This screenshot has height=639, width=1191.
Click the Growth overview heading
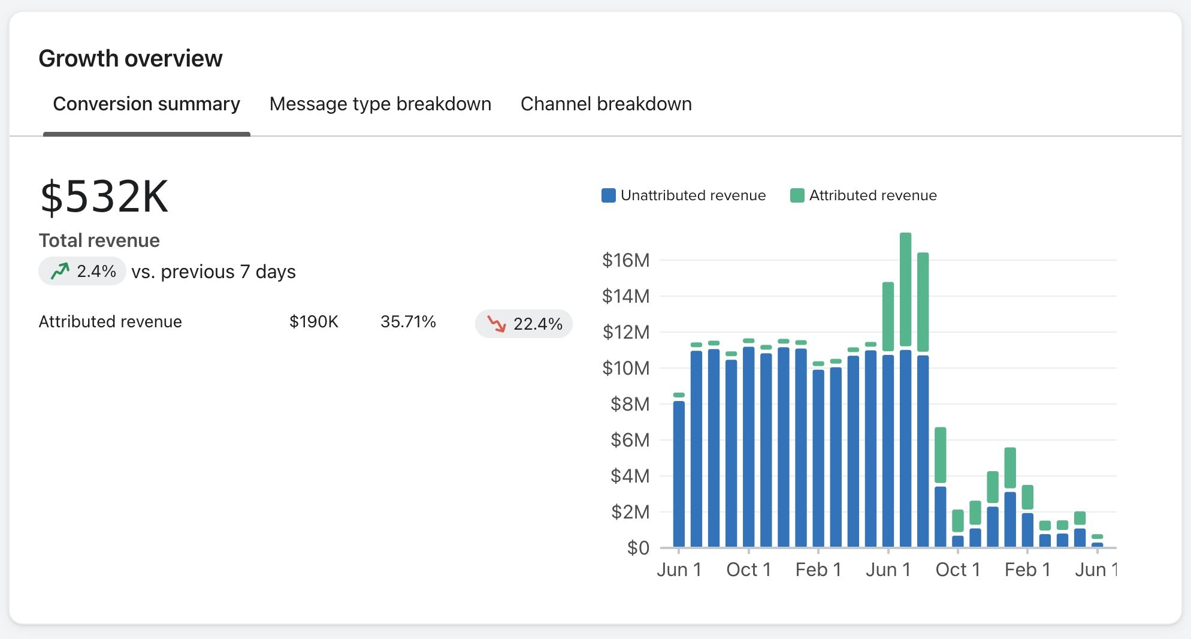coord(131,59)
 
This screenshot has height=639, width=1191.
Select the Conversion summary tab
coord(146,104)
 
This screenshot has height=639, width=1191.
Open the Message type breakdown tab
coord(380,104)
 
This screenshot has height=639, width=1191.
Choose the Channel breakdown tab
coord(606,104)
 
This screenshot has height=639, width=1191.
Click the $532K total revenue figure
coord(104,197)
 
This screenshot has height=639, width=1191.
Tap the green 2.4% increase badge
coord(83,272)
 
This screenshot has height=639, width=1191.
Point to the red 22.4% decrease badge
coord(524,324)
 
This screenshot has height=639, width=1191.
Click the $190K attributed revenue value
coord(313,322)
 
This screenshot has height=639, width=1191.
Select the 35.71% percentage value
coord(408,322)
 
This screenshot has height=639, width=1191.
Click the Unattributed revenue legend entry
coord(684,195)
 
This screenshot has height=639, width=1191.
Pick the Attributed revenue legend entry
coord(863,195)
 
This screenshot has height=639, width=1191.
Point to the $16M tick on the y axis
coord(625,260)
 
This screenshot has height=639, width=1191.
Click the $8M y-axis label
coord(630,404)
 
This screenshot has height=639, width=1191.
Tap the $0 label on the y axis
coord(638,547)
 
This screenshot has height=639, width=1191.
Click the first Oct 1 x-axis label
coord(748,569)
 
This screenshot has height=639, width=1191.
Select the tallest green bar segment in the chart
coord(905,291)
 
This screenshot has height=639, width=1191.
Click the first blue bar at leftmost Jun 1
coord(679,474)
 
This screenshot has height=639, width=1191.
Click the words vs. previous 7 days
coord(213,272)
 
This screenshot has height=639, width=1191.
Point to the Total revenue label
coord(99,240)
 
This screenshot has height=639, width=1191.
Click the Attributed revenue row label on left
coord(110,322)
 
